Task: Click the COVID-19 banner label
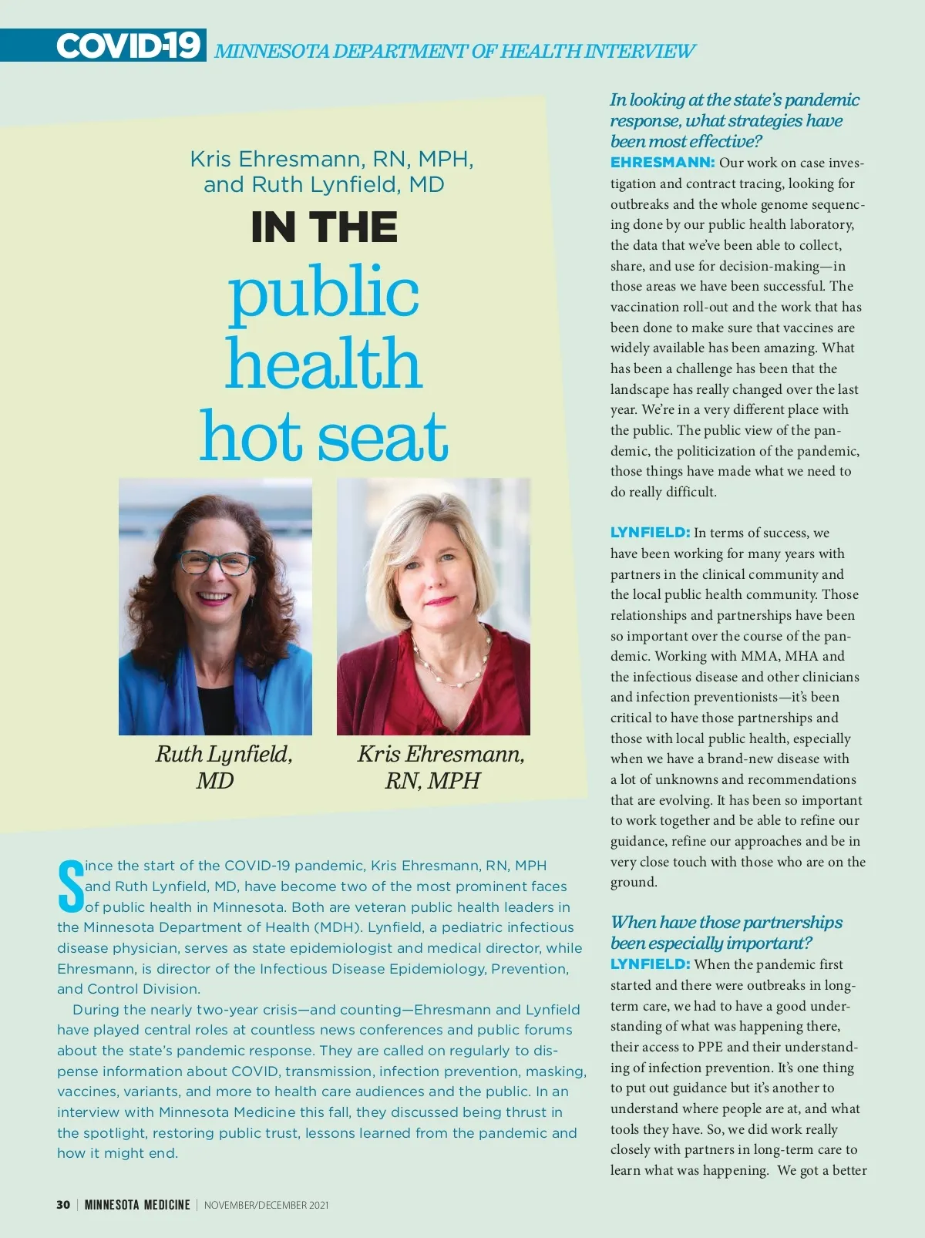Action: pos(128,46)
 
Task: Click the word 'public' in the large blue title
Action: pos(324,293)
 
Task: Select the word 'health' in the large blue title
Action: pos(324,364)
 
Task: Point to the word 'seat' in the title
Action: pos(382,436)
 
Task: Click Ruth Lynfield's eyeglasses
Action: pos(217,563)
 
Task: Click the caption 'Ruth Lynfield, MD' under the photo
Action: pos(224,766)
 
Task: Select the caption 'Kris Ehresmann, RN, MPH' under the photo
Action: pos(440,766)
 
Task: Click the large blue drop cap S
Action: pos(70,886)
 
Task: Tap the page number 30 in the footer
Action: pos(63,1205)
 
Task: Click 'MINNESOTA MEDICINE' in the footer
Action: pos(137,1205)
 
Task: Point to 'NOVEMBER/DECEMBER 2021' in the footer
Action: pos(266,1205)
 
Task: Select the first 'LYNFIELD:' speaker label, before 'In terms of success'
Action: pos(650,533)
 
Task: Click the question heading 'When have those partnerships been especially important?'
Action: pos(726,932)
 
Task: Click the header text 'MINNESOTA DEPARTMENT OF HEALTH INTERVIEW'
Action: pos(454,52)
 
